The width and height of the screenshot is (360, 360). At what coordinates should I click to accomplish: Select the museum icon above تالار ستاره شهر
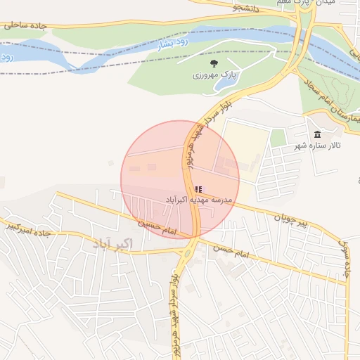317,134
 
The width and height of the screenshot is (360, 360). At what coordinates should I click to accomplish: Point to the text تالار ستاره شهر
317,146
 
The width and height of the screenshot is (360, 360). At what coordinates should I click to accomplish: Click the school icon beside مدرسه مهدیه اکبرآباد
198,189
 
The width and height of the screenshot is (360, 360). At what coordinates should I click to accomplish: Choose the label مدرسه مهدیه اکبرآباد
199,200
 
